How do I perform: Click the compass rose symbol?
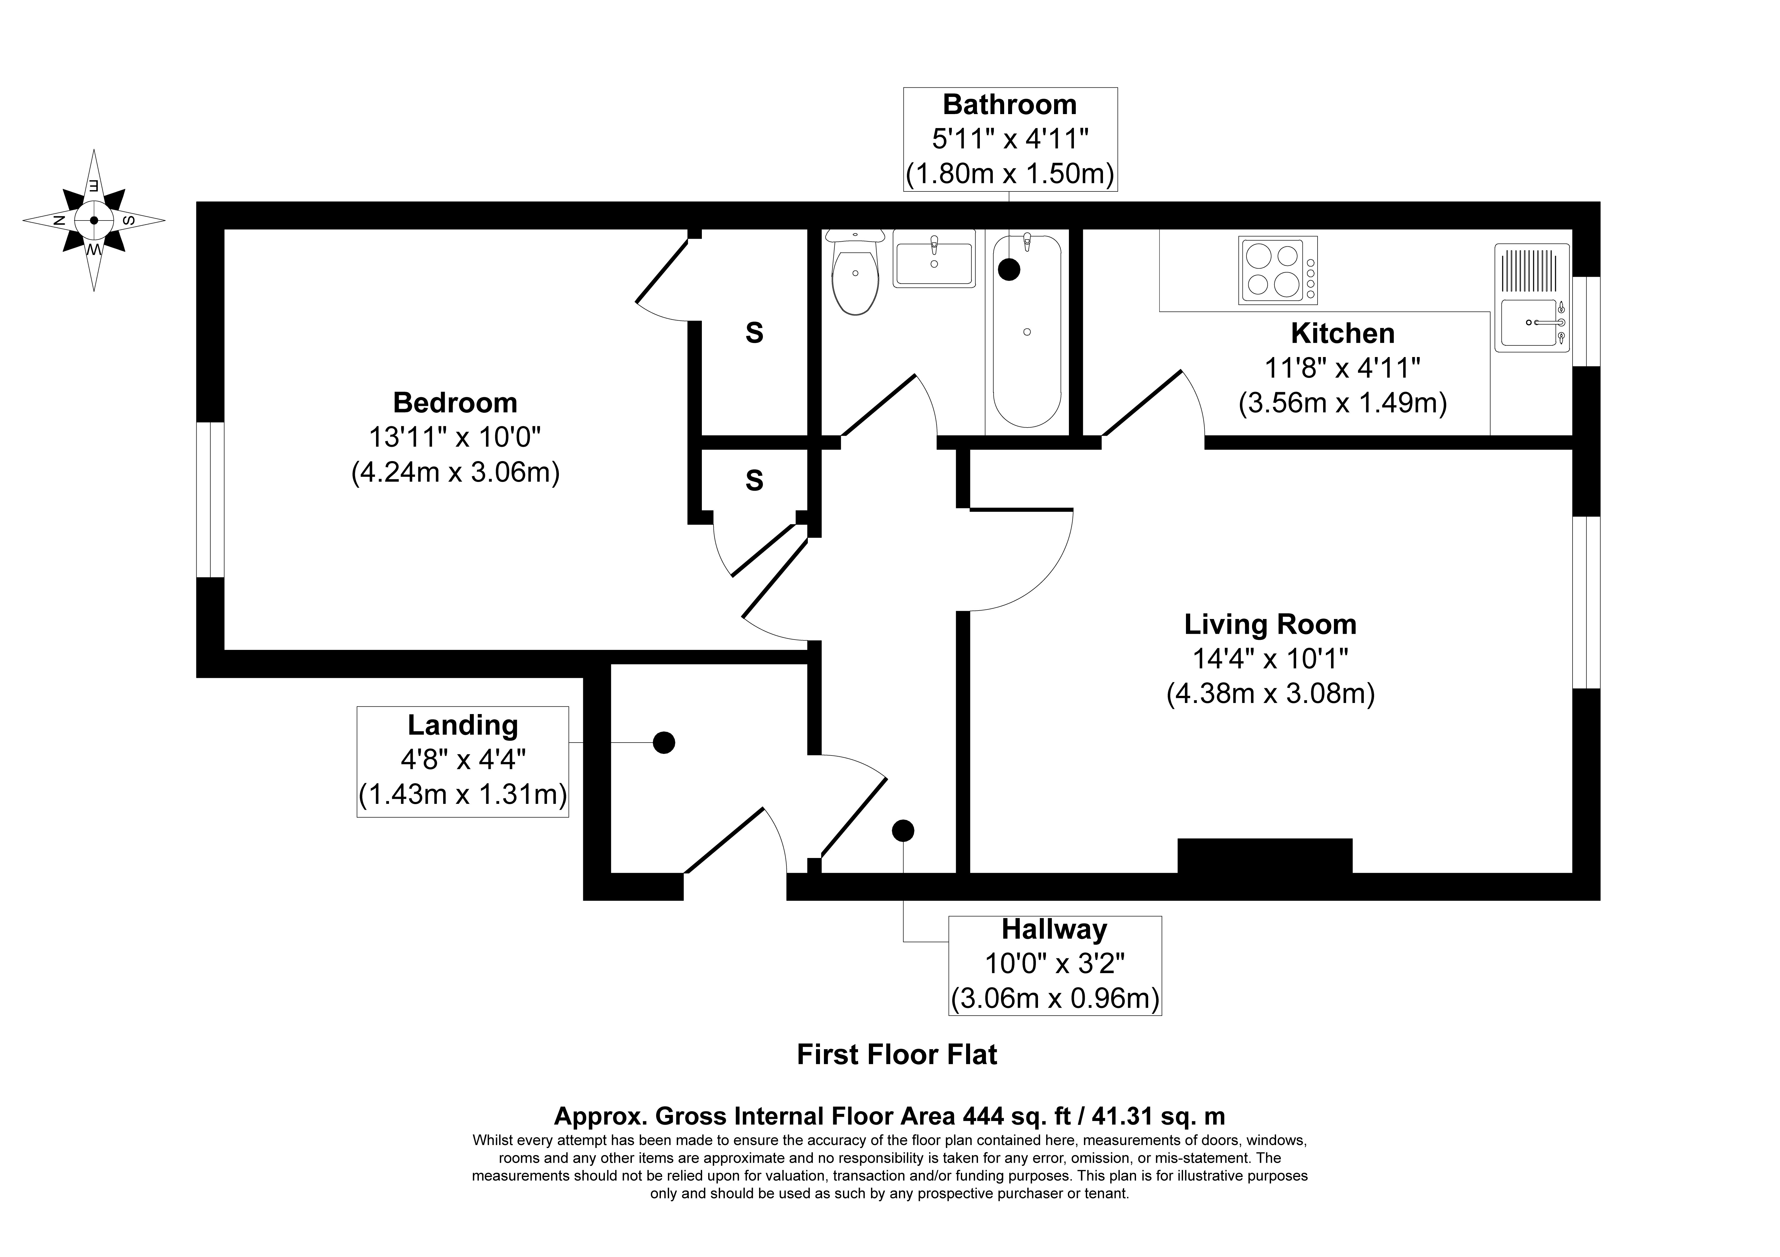click(x=94, y=220)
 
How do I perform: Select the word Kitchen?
click(x=1343, y=333)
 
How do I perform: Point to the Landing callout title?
click(x=463, y=725)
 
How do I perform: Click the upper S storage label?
click(x=754, y=333)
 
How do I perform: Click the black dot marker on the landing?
click(x=664, y=742)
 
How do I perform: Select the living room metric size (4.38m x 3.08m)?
click(x=1271, y=693)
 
